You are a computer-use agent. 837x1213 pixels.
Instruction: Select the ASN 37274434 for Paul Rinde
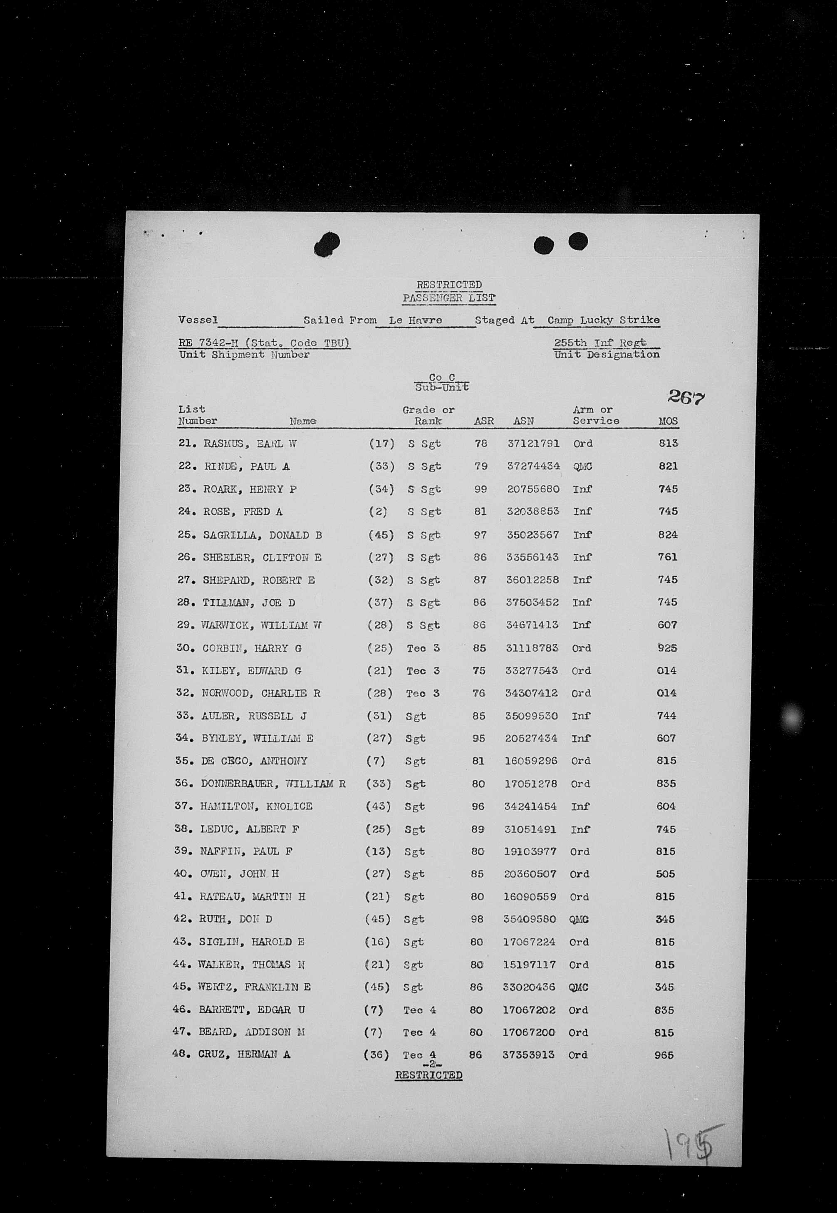tap(533, 466)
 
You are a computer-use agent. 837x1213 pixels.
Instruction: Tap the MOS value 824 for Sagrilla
tap(668, 535)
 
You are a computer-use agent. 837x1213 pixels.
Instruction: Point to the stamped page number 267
tap(686, 398)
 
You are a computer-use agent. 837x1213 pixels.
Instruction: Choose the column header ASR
tap(483, 421)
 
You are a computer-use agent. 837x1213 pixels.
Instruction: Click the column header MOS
tap(668, 421)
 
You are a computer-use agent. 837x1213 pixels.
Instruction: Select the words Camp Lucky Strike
tap(603, 320)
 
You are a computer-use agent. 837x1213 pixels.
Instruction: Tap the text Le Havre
tap(415, 320)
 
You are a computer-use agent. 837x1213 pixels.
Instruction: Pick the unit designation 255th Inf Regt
tap(600, 343)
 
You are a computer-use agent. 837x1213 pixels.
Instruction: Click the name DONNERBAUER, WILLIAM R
tap(273, 784)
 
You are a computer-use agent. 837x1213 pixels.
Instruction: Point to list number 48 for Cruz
tap(179, 1054)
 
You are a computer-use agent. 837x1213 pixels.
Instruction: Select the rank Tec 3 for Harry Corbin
tap(423, 648)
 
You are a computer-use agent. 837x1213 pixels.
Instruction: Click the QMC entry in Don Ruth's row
tap(578, 919)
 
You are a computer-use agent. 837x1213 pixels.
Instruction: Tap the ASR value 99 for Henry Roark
tap(480, 489)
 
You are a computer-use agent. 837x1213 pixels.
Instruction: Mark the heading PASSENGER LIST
tap(448, 298)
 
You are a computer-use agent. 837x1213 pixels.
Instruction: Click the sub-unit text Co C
tap(441, 377)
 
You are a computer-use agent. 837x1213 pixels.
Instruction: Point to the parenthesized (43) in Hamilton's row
tap(378, 806)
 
